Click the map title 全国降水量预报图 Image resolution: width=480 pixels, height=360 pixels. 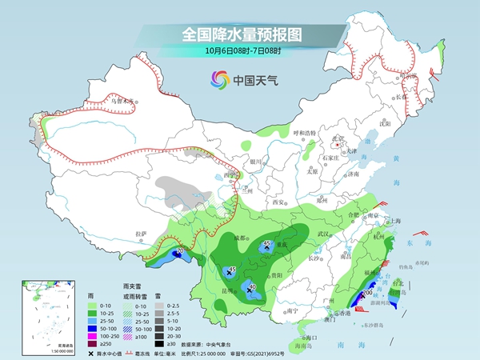[x=240, y=34]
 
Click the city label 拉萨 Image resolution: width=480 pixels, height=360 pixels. [x=142, y=234]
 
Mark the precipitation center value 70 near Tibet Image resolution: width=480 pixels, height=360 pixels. [x=180, y=252]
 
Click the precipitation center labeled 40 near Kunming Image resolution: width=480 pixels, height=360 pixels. [x=253, y=287]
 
